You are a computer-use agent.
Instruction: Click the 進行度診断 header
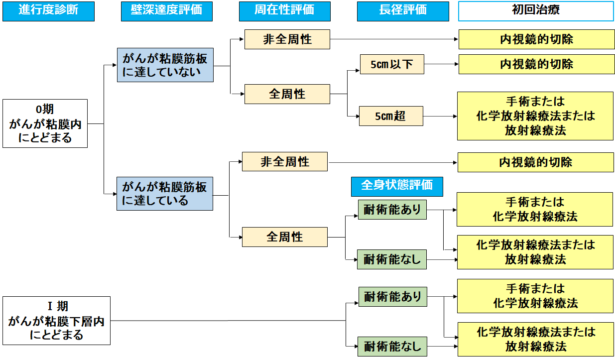click(48, 11)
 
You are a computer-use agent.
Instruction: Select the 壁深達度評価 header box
click(166, 11)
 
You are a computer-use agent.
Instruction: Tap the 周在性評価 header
click(284, 11)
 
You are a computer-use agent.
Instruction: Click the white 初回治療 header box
click(536, 11)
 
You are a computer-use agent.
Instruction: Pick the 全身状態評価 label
click(396, 185)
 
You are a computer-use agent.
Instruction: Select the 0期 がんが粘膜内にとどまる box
click(45, 123)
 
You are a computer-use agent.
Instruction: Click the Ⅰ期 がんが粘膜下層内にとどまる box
click(56, 321)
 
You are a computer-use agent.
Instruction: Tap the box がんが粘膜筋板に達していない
click(165, 65)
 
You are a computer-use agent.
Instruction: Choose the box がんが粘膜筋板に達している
click(165, 193)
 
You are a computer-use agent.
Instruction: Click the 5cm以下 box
click(391, 64)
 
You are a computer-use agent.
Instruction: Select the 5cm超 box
click(391, 117)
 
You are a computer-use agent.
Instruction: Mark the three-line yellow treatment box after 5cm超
click(535, 116)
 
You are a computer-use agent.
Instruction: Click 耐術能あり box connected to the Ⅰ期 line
click(392, 297)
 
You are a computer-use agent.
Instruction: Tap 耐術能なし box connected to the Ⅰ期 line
click(392, 346)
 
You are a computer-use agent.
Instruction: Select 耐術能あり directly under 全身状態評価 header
click(392, 210)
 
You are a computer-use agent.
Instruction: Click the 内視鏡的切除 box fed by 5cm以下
click(536, 64)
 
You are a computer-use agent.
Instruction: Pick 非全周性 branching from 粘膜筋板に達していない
click(287, 39)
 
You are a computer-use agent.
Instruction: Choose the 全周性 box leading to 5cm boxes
click(287, 94)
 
